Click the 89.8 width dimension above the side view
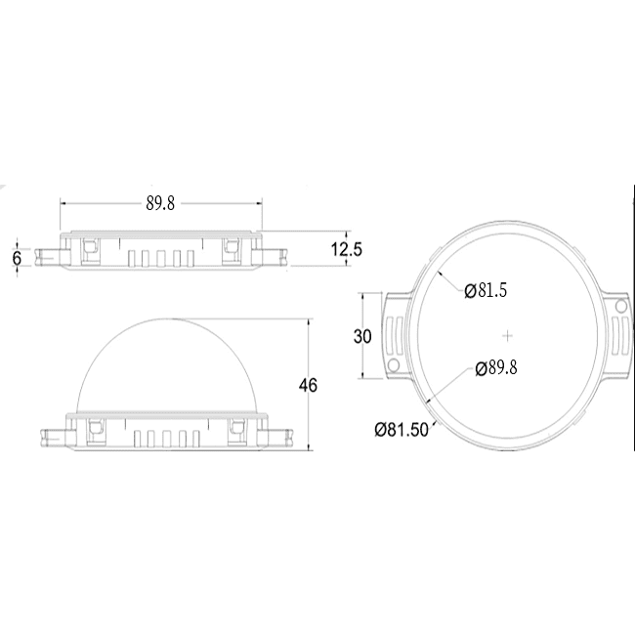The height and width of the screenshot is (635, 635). [160, 203]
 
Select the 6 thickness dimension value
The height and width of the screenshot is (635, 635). [16, 257]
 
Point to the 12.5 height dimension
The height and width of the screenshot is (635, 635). [345, 250]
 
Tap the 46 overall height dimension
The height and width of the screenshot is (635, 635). [309, 386]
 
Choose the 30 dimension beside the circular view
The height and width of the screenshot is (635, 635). [362, 336]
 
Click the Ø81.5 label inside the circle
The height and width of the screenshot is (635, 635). [486, 290]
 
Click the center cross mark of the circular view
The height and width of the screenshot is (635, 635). [507, 335]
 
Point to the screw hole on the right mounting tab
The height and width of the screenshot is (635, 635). [620, 306]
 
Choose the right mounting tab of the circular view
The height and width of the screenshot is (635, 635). [617, 334]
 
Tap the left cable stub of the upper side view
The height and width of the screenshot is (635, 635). [47, 256]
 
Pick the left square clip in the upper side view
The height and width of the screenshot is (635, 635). [89, 248]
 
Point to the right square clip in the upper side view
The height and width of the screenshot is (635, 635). [233, 248]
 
